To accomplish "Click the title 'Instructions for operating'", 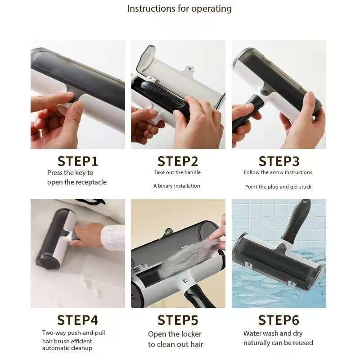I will click(x=179, y=9).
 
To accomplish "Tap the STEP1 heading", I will click(x=77, y=161).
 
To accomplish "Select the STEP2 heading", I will click(x=178, y=161).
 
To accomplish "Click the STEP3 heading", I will click(x=279, y=161).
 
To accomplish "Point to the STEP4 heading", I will click(x=77, y=320).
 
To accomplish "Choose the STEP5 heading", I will click(x=178, y=320).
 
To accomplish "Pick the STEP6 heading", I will click(x=279, y=320).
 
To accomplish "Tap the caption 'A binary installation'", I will click(x=177, y=186).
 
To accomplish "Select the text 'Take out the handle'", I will click(x=177, y=172).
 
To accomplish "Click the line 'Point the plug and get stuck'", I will click(x=278, y=187).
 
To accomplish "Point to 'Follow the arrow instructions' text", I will click(x=278, y=172).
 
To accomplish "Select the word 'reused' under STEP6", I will click(x=302, y=343).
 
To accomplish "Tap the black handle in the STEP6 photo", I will click(x=297, y=220).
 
